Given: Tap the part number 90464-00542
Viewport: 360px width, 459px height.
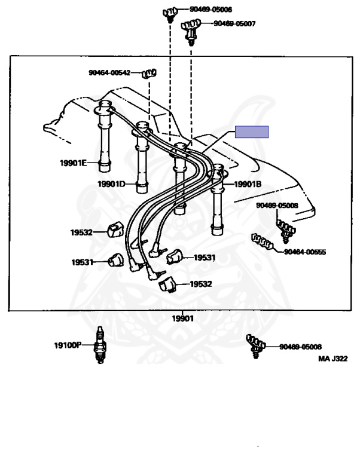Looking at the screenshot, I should point(109,72).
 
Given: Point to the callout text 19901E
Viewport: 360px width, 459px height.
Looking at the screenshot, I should point(72,163).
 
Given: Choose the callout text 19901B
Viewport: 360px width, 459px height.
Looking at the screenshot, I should point(248,184).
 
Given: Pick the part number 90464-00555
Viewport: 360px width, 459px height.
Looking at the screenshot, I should point(304,252).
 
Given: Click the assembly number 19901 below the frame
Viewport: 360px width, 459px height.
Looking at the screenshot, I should point(183,319).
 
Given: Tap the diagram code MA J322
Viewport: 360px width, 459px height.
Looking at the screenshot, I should point(332,359).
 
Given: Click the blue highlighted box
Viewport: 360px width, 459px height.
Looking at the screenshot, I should point(252,132).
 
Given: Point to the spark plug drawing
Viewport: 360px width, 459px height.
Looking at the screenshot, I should point(100,346).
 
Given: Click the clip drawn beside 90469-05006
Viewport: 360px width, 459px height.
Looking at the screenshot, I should point(169,13).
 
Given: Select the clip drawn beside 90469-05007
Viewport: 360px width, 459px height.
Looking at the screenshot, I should point(190,29).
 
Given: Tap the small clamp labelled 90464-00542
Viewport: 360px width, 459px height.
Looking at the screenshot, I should point(148,74).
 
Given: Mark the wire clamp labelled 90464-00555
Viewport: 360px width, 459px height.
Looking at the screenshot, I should point(263,241).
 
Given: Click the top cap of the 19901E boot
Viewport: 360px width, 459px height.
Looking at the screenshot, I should point(105,108).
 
